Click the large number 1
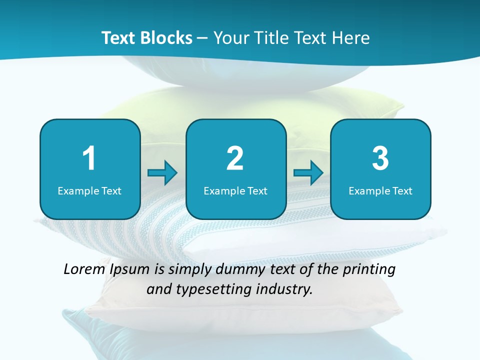click(x=89, y=158)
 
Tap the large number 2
click(x=235, y=158)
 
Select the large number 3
click(x=380, y=158)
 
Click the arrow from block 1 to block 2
click(x=162, y=173)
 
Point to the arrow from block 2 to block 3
click(x=308, y=173)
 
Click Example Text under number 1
click(x=89, y=190)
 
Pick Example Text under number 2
click(x=235, y=190)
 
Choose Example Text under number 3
click(x=380, y=190)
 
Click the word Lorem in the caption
click(x=84, y=269)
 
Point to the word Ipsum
click(x=129, y=270)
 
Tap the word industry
click(x=284, y=289)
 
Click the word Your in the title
click(x=230, y=38)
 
